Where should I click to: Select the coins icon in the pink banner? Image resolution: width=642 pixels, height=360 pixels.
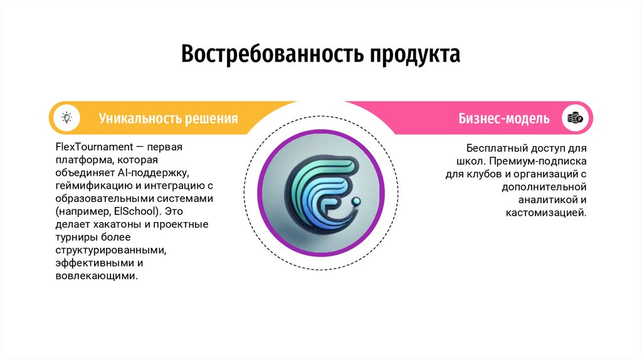tap(575, 117)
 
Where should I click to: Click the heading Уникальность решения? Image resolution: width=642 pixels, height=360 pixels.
tap(168, 118)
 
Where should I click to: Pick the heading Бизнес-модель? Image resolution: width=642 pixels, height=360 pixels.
tap(503, 118)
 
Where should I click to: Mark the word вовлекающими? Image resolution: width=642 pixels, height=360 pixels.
tap(96, 275)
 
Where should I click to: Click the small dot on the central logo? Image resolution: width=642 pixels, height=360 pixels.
tap(356, 202)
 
